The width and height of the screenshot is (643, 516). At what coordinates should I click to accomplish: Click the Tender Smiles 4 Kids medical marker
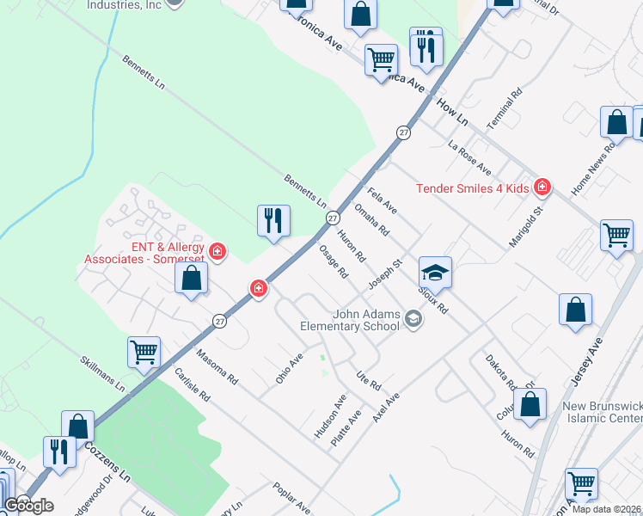pyautogui.click(x=542, y=187)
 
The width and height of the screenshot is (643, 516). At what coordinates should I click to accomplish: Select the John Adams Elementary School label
pyautogui.click(x=350, y=320)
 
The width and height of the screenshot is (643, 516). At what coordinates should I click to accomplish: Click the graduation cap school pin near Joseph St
pyautogui.click(x=435, y=273)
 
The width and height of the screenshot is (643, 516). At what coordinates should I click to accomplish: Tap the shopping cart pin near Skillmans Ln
pyautogui.click(x=144, y=351)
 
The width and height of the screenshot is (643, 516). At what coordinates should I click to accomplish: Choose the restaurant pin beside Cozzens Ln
pyautogui.click(x=58, y=451)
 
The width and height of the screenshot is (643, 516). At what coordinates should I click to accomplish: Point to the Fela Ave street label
pyautogui.click(x=383, y=200)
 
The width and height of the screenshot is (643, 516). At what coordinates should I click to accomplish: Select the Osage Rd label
pyautogui.click(x=333, y=261)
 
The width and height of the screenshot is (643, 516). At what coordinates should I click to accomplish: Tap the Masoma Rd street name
pyautogui.click(x=216, y=365)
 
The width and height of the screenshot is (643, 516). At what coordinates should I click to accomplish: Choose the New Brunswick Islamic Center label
pyautogui.click(x=602, y=412)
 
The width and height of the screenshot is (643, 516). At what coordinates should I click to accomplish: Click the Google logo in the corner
pyautogui.click(x=28, y=506)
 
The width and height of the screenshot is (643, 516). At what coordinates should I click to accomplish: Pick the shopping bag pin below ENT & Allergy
pyautogui.click(x=191, y=278)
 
